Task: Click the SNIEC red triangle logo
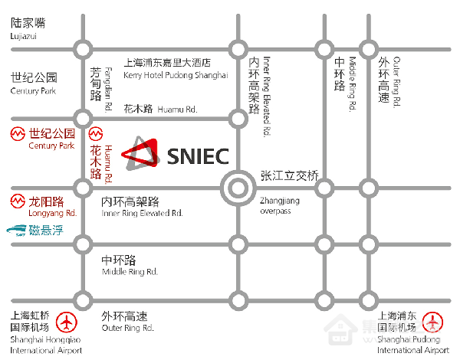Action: point(141,153)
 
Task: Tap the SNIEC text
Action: point(198,156)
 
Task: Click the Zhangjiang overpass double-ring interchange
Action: point(238,188)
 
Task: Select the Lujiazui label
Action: point(24,36)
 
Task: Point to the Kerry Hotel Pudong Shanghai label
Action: point(176,75)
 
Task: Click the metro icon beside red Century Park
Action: point(18,134)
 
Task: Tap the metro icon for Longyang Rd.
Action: point(18,201)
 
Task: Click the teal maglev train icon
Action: point(16,230)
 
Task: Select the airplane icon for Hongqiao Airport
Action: point(67,322)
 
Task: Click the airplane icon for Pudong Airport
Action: point(432,322)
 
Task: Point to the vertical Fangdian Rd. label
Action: point(108,89)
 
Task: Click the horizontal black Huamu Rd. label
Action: point(177,110)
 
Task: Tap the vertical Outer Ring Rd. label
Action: point(396,82)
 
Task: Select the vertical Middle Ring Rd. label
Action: point(353,83)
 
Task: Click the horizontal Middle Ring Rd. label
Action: point(130,271)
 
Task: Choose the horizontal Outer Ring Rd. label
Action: point(127,328)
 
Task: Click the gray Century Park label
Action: point(33,91)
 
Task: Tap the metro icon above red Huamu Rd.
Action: point(96,134)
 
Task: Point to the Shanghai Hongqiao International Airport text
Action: point(46,345)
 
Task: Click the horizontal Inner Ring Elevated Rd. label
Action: point(142,213)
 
